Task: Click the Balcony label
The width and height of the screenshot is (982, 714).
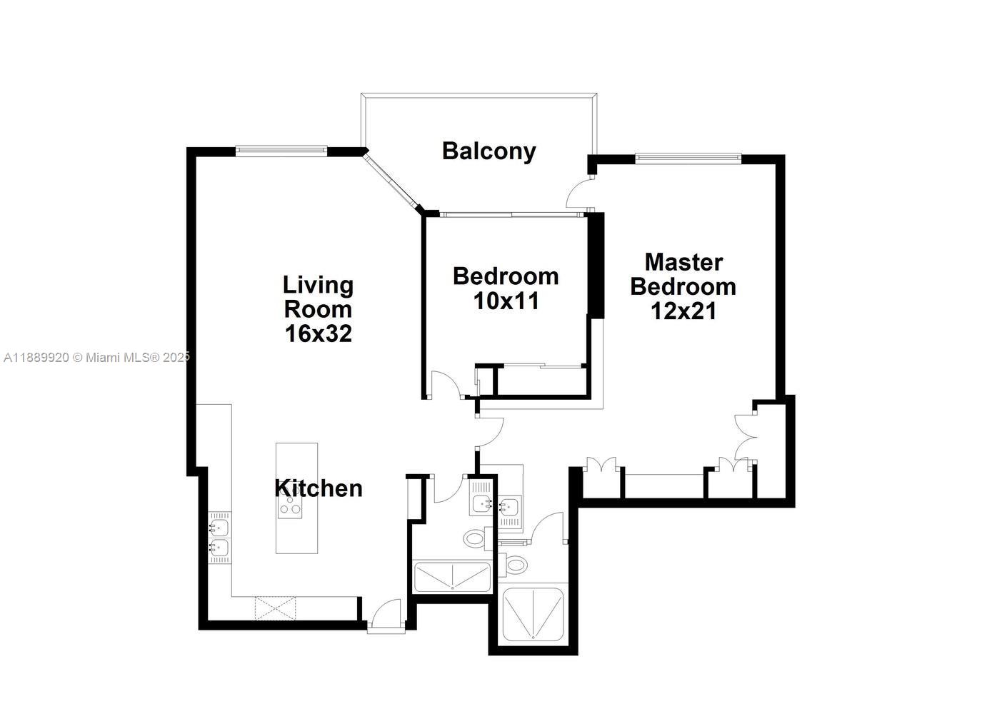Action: (x=489, y=151)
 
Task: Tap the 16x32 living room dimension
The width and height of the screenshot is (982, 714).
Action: (x=319, y=333)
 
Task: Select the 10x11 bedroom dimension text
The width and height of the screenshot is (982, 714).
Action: (x=506, y=301)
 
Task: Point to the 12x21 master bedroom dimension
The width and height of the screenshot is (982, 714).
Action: (x=683, y=311)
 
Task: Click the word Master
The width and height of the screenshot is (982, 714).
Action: (x=684, y=263)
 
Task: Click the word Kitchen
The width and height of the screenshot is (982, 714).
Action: (x=319, y=488)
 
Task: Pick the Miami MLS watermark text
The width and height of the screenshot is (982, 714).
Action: (x=96, y=358)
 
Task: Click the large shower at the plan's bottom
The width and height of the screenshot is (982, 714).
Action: (x=533, y=614)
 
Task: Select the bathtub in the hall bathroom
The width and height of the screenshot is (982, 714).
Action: (x=452, y=577)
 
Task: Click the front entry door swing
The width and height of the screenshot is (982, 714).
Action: (x=386, y=615)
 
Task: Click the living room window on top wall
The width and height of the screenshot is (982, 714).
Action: (x=281, y=151)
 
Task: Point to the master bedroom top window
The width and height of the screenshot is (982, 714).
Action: (x=688, y=159)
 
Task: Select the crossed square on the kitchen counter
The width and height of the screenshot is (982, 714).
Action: (x=275, y=608)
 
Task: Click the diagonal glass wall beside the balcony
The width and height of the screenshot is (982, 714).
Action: (x=390, y=180)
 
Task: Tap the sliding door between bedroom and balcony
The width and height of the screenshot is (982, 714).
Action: (x=512, y=215)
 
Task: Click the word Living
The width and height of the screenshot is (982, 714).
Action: (x=319, y=286)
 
